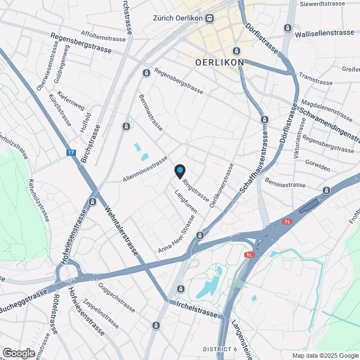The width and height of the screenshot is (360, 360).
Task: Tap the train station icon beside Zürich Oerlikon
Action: tap(210, 18)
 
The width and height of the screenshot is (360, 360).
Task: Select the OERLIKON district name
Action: tap(219, 62)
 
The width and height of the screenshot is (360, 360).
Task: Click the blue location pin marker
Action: tap(179, 170)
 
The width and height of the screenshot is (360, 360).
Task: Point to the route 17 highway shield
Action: tap(70, 152)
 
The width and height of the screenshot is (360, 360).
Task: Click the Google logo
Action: tap(18, 353)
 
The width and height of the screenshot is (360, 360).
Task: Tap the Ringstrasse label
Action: tap(196, 191)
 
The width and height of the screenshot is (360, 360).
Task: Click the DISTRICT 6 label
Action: tap(220, 350)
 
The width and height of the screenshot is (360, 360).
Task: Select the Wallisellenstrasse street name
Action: tap(325, 33)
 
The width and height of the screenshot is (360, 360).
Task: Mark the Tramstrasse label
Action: tap(316, 78)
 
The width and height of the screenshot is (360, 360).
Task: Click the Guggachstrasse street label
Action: tap(116, 299)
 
